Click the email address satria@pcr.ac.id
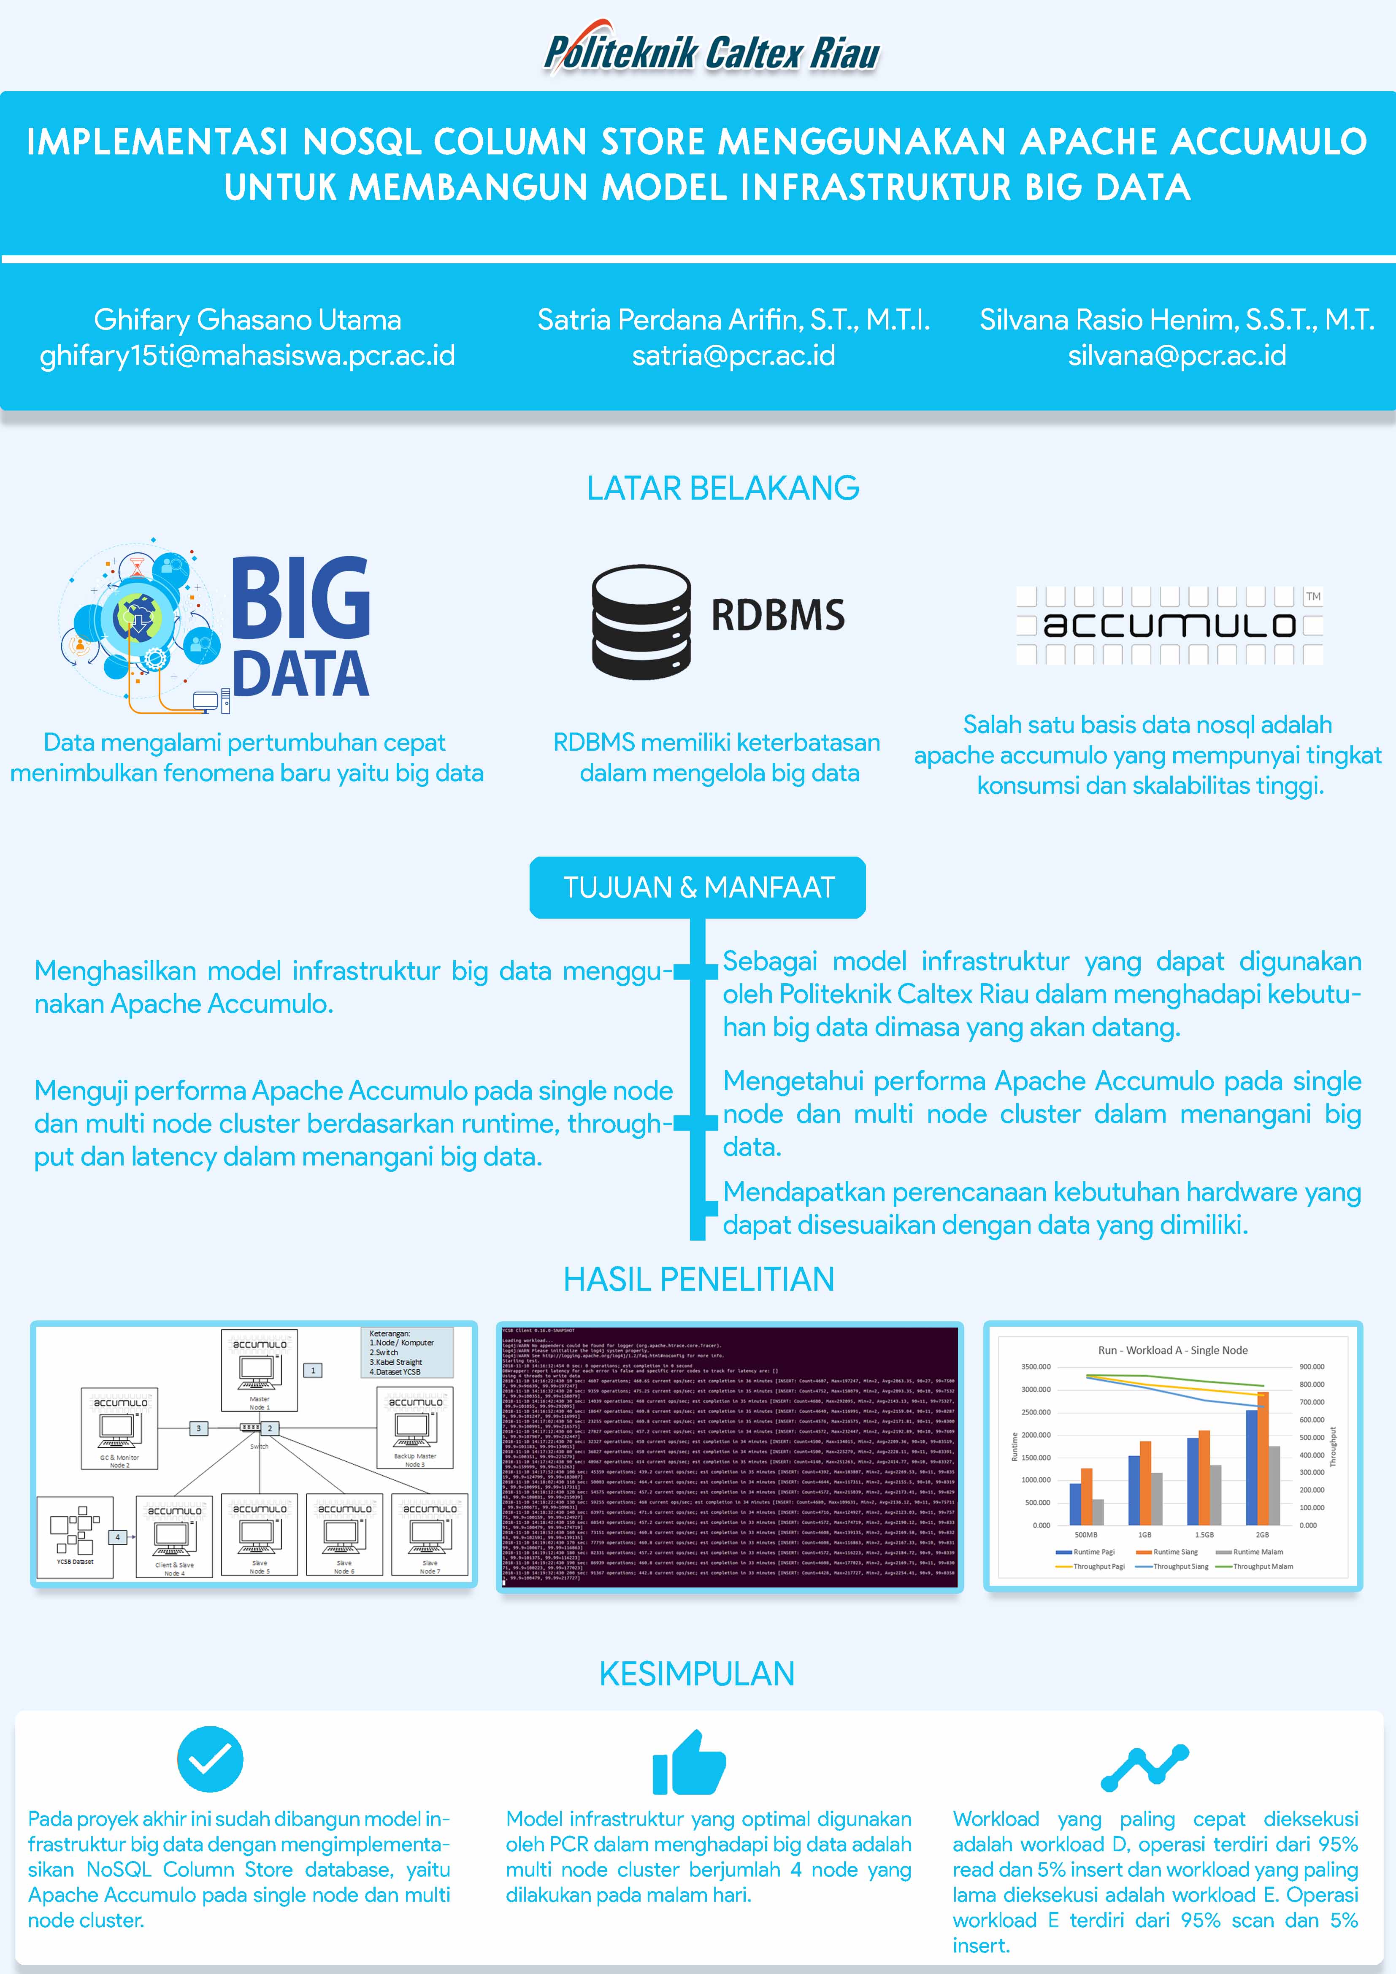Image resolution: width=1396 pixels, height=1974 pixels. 733,355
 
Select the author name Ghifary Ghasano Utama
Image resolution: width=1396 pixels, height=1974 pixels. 248,320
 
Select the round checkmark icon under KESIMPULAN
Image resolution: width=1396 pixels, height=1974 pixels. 210,1759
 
